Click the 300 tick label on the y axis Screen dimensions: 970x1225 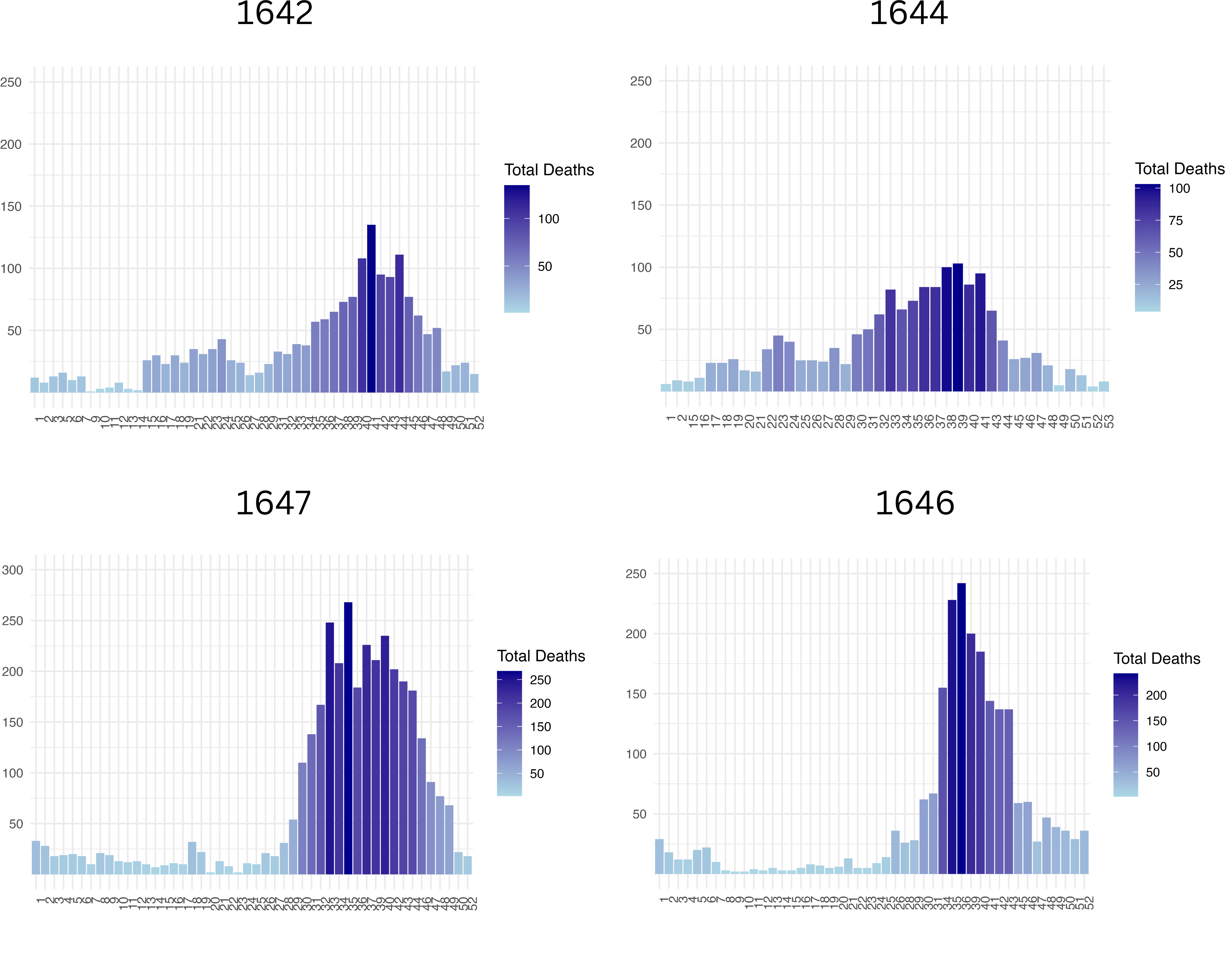(x=12, y=570)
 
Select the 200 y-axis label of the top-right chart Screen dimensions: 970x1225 (x=641, y=143)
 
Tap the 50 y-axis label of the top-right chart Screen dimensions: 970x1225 (x=644, y=329)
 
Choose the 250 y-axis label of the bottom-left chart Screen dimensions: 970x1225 (x=12, y=621)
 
